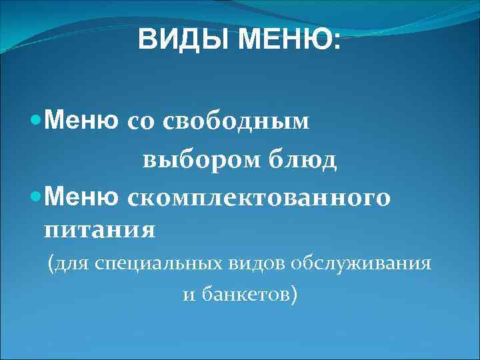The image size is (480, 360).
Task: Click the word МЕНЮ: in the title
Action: point(289,41)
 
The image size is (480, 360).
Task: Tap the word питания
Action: point(100,230)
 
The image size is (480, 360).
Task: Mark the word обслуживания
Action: point(361,263)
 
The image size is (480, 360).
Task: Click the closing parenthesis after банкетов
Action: point(294,295)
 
